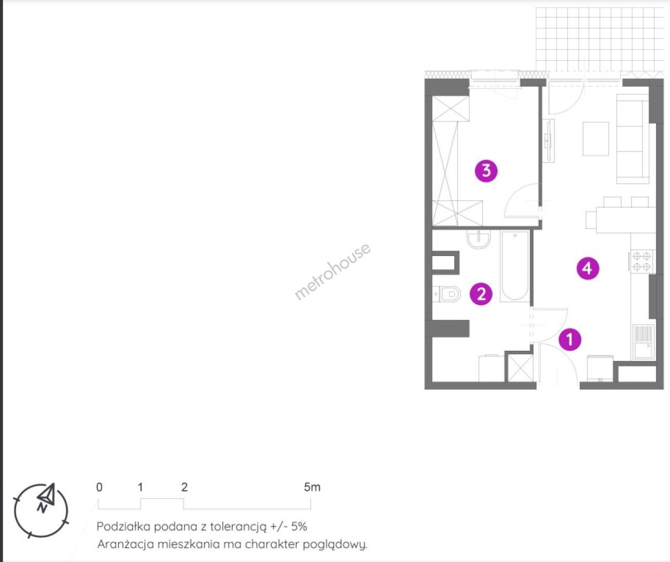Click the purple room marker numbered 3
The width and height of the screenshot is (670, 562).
pyautogui.click(x=486, y=171)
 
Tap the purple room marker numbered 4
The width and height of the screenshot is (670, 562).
pyautogui.click(x=588, y=268)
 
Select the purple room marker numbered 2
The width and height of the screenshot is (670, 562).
pyautogui.click(x=481, y=293)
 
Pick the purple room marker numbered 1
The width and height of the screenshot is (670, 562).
pyautogui.click(x=570, y=339)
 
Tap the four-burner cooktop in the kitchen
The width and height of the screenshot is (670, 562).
pyautogui.click(x=641, y=261)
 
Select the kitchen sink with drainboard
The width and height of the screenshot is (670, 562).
pyautogui.click(x=643, y=342)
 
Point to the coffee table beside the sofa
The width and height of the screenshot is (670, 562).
pyautogui.click(x=596, y=138)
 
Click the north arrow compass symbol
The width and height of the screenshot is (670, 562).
pyautogui.click(x=41, y=510)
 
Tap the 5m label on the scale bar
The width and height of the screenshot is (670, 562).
pyautogui.click(x=312, y=487)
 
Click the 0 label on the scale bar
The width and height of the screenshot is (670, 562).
pyautogui.click(x=99, y=487)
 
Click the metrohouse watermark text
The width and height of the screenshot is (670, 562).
pyautogui.click(x=333, y=272)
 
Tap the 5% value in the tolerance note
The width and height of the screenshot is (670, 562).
pyautogui.click(x=299, y=527)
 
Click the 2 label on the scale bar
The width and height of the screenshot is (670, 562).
pyautogui.click(x=184, y=487)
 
